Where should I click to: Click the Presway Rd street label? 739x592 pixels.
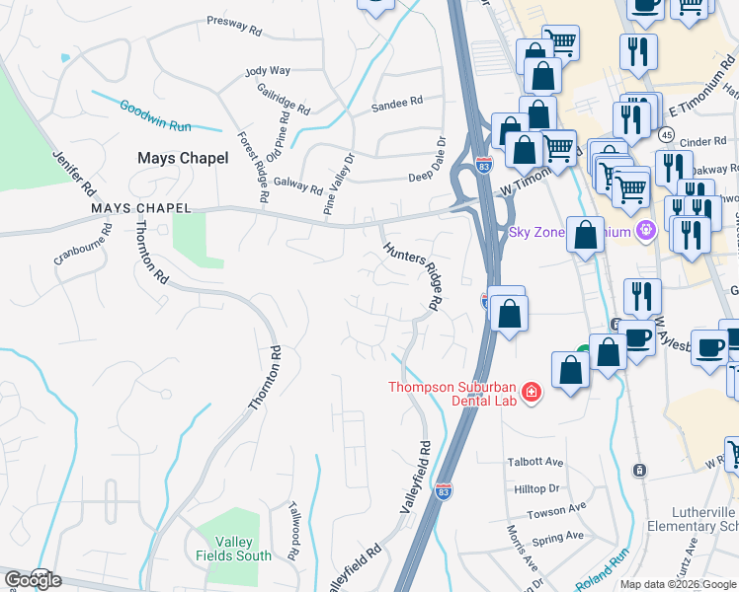[x=234, y=25]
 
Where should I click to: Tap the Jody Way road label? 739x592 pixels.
[x=268, y=71]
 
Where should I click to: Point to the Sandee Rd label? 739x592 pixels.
[x=396, y=101]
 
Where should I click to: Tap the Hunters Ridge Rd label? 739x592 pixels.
[x=412, y=275]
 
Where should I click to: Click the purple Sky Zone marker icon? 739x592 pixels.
[x=647, y=232]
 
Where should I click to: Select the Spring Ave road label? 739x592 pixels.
[x=557, y=538]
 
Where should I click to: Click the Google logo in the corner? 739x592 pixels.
[x=33, y=579]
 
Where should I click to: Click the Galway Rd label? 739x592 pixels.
[x=297, y=185]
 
